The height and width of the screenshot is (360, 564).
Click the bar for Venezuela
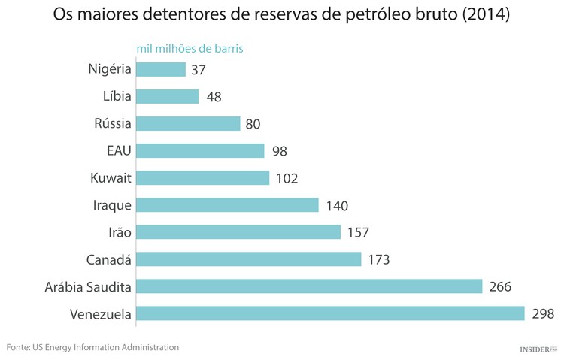click(x=330, y=313)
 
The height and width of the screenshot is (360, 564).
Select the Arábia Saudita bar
click(x=309, y=286)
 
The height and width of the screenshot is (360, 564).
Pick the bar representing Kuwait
click(x=202, y=178)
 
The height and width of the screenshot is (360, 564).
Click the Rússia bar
click(x=188, y=124)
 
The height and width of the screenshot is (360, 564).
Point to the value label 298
click(x=542, y=313)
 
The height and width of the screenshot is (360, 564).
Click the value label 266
click(x=499, y=286)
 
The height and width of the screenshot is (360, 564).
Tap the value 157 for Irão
click(x=357, y=232)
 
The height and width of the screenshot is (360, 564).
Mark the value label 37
click(x=199, y=70)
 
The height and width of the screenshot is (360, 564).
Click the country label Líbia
click(x=117, y=96)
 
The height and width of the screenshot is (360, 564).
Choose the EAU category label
click(x=119, y=150)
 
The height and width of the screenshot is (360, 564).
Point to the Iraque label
click(x=112, y=205)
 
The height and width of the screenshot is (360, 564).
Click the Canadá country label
click(x=109, y=259)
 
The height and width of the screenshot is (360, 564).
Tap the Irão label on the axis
click(x=117, y=232)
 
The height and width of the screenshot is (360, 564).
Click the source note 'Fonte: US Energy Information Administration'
click(x=92, y=347)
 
